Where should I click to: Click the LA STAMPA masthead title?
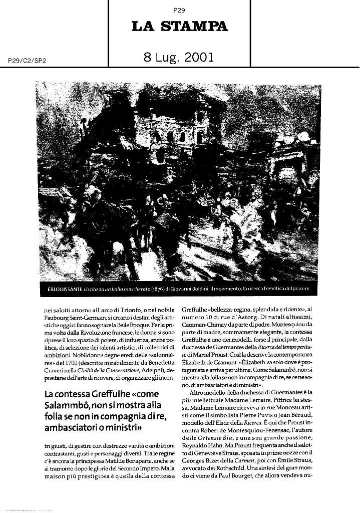(179, 27)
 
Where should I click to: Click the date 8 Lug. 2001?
(179, 58)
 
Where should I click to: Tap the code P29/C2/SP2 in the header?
(27, 61)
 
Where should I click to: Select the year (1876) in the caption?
(160, 290)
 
